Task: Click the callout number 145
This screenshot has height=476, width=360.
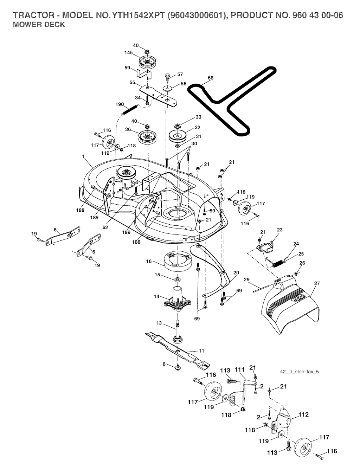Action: pos(128,53)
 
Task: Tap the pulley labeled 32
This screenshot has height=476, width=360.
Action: pos(179,135)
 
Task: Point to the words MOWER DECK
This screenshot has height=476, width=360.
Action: pos(39,25)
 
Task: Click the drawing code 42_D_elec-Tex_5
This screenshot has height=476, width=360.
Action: pos(300,372)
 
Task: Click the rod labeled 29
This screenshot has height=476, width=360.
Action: pos(262,288)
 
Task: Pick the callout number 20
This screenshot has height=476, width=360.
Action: pos(236,272)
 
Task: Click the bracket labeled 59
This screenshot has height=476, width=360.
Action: pos(144,74)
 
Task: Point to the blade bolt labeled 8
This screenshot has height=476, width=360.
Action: pos(178,367)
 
